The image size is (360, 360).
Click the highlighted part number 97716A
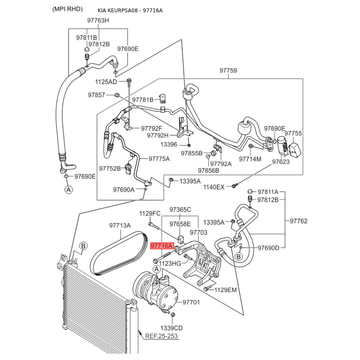161,246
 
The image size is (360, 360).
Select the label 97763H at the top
98,20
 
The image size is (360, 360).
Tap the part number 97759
228,71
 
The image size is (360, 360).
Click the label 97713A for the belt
120,225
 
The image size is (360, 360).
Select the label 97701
191,302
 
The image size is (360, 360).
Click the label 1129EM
225,290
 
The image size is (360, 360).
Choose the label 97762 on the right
298,221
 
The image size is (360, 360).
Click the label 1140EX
214,187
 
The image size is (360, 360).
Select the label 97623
281,162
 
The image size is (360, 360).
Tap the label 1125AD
106,82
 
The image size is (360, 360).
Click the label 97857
96,95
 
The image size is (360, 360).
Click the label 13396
169,145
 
